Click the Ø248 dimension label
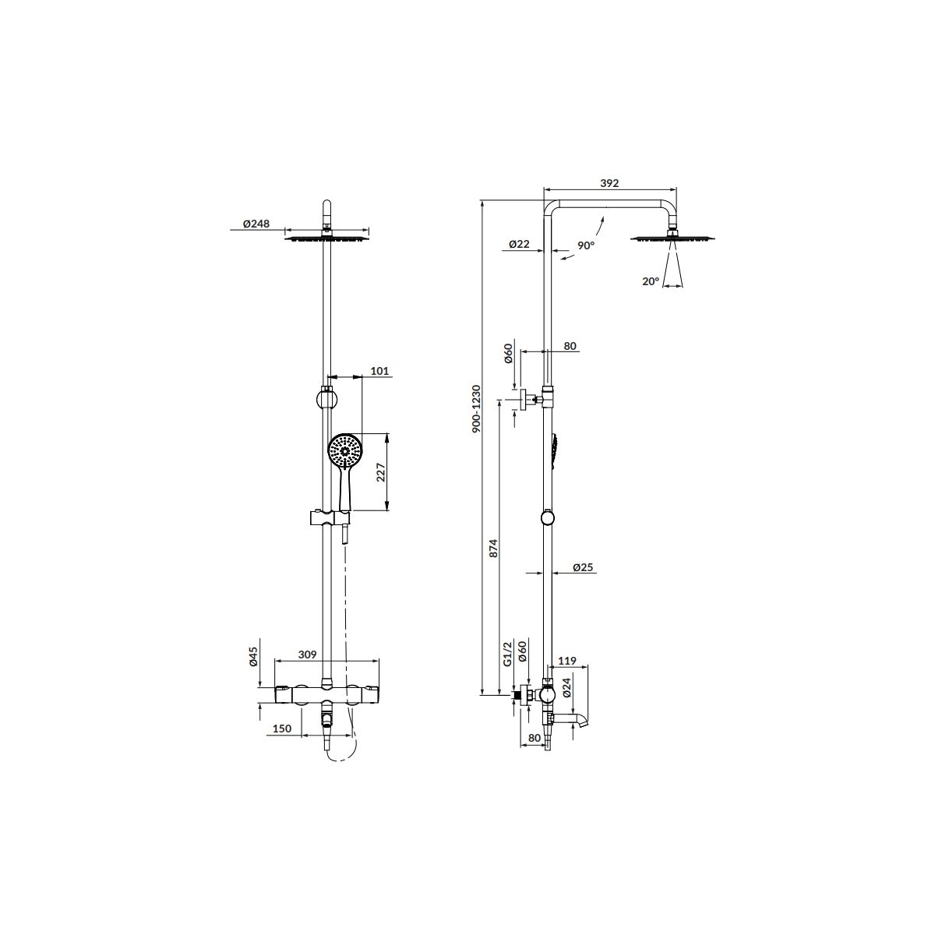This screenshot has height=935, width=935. point(256,224)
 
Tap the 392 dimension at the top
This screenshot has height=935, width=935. point(609,183)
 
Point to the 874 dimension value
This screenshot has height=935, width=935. point(493,548)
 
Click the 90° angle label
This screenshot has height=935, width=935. point(586,245)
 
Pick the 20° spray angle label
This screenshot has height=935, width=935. point(651,281)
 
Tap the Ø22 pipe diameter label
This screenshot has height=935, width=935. point(519,244)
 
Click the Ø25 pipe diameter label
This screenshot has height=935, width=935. point(583,566)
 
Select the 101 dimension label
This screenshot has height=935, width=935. point(379,371)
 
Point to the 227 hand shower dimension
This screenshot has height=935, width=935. point(380,472)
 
